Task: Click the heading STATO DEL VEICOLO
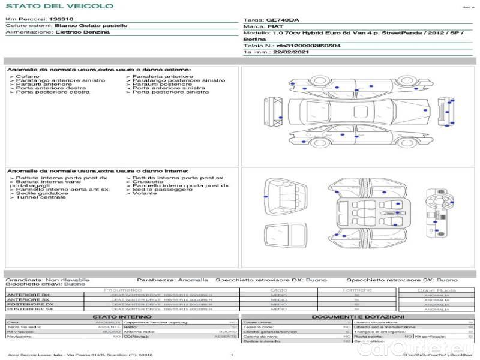tap(59, 7)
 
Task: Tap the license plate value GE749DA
tap(281, 20)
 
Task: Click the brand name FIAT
tap(272, 27)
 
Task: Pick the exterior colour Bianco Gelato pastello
tap(91, 26)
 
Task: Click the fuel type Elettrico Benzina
tap(82, 32)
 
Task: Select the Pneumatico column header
tap(122, 290)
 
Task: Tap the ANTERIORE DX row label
tap(28, 295)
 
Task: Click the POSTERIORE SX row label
tap(28, 309)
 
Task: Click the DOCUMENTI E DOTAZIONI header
tap(358, 317)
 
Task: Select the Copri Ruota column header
tap(436, 290)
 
